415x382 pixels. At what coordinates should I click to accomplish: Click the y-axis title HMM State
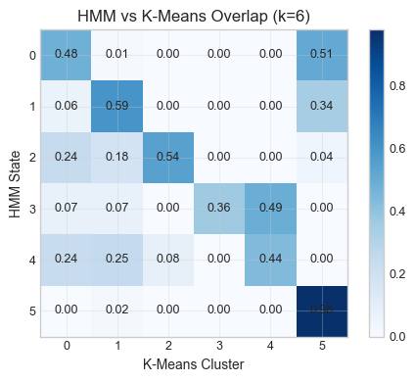pos(14,183)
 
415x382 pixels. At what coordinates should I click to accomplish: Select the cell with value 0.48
pos(66,55)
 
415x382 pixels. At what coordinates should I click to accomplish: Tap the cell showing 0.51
pos(320,55)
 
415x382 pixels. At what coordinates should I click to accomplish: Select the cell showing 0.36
pos(218,208)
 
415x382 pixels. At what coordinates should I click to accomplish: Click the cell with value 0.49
pos(269,208)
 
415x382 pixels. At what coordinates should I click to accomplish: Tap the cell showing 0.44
pos(269,259)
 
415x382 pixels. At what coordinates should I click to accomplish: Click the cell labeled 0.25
pos(116,259)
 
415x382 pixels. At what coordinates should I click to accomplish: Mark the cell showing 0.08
pos(167,259)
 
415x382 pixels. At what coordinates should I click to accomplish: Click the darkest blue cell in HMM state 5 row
pos(320,310)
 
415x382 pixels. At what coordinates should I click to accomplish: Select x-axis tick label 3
pos(218,346)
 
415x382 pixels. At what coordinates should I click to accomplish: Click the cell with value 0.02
pos(116,310)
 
